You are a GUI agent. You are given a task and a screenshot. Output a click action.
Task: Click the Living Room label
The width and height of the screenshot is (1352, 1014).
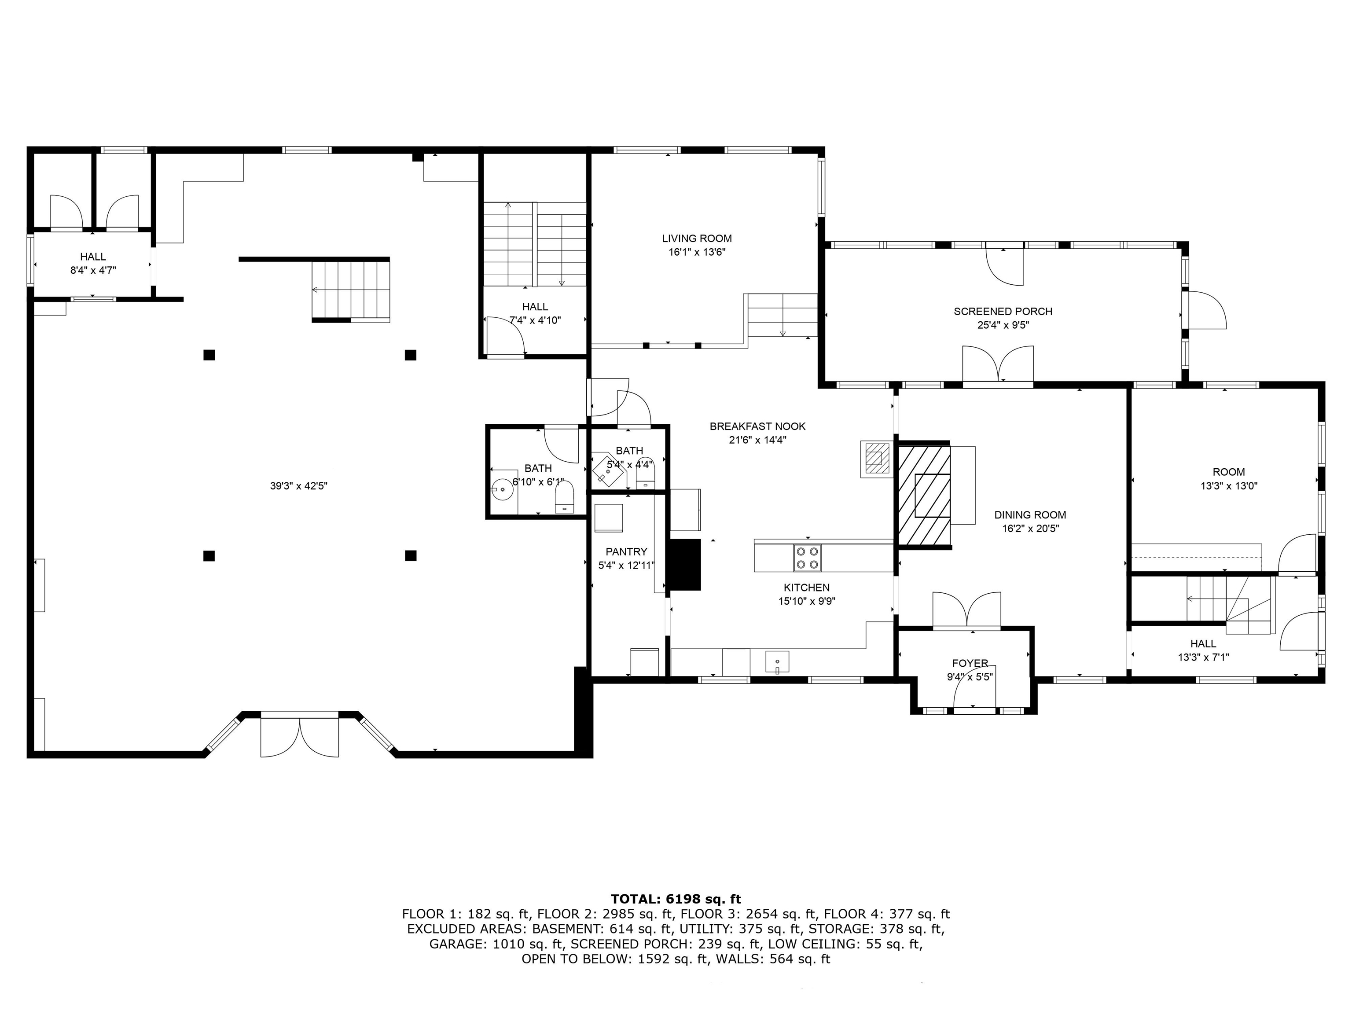[696, 239]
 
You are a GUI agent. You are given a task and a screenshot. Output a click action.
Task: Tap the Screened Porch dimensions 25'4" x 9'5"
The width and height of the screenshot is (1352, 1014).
[1003, 325]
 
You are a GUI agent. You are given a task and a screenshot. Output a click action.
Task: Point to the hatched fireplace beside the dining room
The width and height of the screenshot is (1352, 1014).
[923, 495]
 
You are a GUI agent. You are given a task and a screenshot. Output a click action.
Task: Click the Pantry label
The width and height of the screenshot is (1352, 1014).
[626, 551]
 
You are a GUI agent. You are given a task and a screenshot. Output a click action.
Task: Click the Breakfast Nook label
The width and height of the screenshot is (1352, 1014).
[757, 426]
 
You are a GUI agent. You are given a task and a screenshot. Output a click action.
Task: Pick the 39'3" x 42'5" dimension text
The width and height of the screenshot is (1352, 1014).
[298, 486]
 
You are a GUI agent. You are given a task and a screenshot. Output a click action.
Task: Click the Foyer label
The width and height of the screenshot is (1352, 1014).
[970, 663]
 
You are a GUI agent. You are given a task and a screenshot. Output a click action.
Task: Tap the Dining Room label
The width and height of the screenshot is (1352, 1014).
[1030, 514]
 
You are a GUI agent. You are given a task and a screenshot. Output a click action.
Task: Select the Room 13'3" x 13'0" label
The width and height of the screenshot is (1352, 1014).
[1228, 472]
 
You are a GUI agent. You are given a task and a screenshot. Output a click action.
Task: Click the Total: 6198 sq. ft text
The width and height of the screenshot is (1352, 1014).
[676, 899]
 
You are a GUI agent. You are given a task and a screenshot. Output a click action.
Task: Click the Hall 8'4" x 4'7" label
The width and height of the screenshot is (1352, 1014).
[92, 257]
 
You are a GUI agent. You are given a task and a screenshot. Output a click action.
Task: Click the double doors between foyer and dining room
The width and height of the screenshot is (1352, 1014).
[967, 610]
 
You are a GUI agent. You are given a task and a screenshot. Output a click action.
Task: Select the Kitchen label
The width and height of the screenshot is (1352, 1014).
[806, 588]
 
